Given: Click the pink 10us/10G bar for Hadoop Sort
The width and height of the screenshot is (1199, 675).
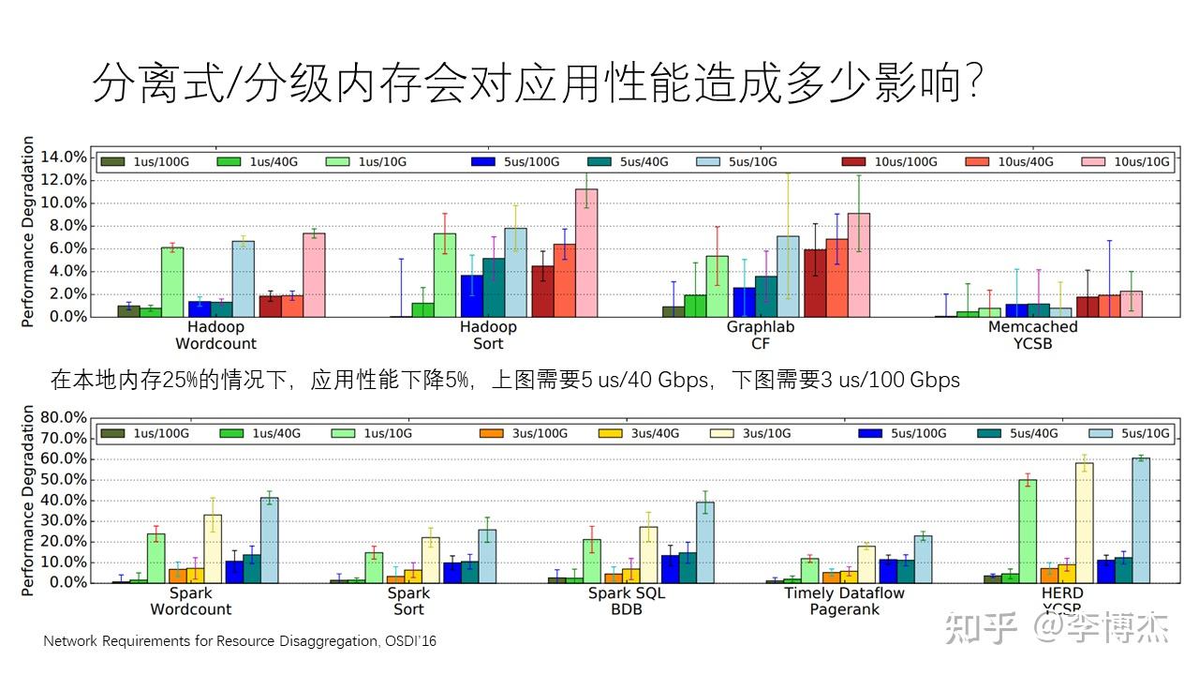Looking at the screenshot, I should click(586, 253).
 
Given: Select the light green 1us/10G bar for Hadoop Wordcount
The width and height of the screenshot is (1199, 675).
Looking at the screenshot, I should click(172, 282).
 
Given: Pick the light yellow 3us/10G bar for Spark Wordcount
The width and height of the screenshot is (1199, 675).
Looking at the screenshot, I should click(213, 548).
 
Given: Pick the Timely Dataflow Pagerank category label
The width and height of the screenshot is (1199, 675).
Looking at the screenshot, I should click(845, 601).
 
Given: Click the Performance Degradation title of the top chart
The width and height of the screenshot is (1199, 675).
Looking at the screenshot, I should click(28, 232).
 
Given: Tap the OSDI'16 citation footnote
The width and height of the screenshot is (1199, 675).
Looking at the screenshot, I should click(240, 641).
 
